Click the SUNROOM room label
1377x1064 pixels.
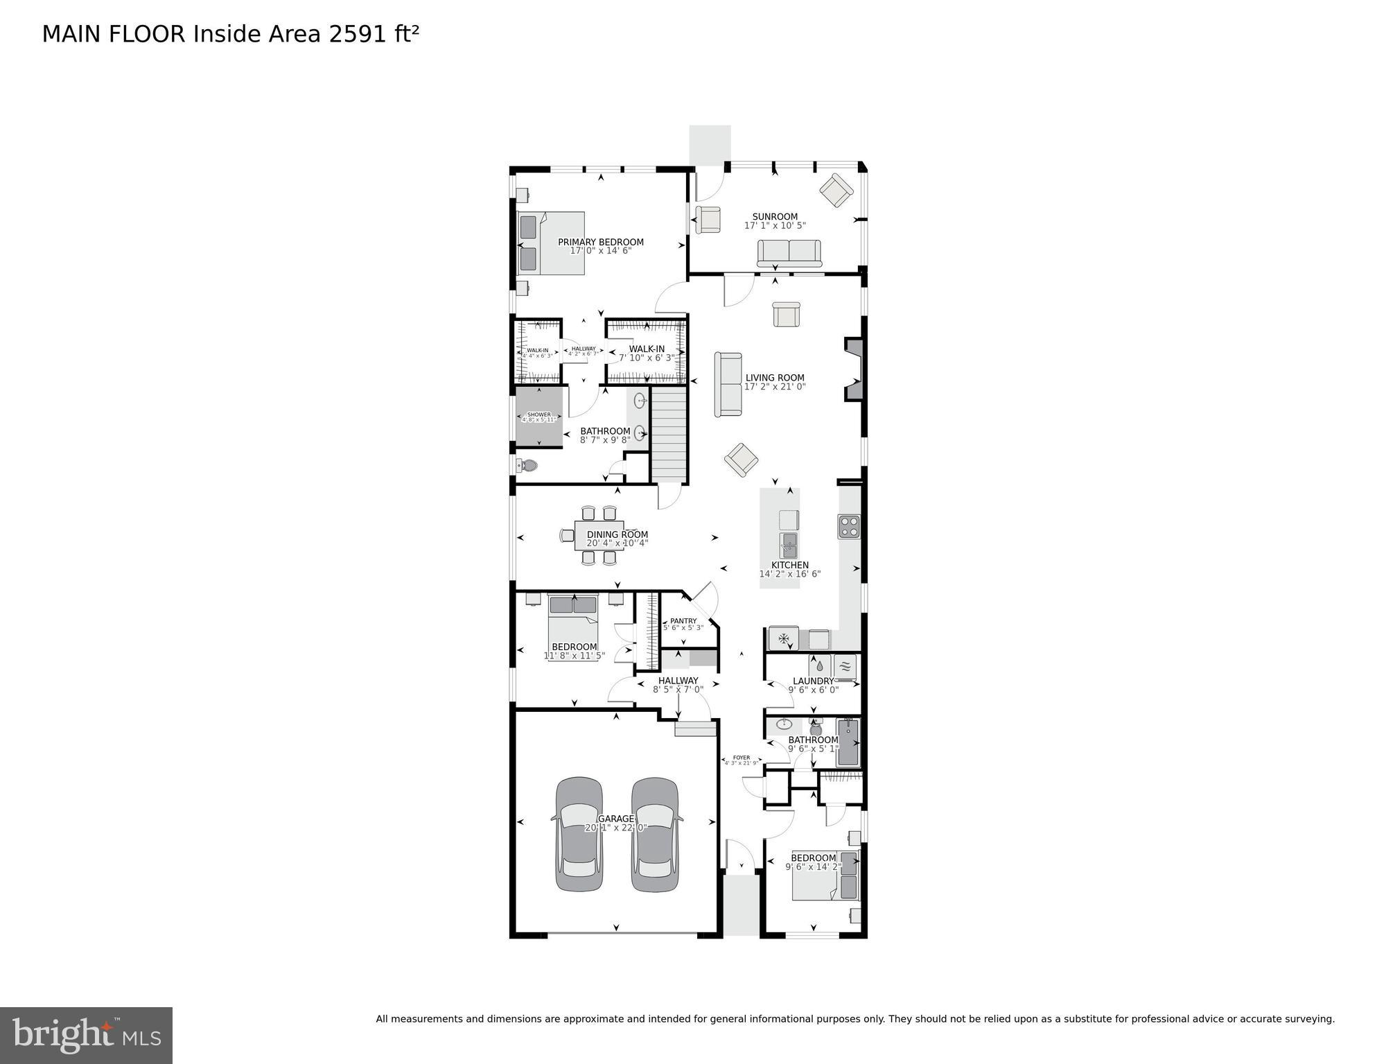pos(775,216)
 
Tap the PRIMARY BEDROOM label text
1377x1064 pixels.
pos(601,242)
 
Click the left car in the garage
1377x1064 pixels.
pos(579,834)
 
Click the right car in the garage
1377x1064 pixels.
pos(654,834)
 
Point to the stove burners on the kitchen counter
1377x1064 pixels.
pos(849,527)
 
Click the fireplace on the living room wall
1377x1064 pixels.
pos(853,369)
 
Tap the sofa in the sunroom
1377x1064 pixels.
pos(789,254)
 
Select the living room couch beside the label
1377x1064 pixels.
pos(728,384)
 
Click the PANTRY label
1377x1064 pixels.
pos(683,621)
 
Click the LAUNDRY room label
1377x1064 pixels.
pos(813,681)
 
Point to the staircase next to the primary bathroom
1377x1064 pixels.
pos(669,435)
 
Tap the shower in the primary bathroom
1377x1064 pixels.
pos(538,417)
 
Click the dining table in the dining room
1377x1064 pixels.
pos(599,535)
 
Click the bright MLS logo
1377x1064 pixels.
pos(86,1035)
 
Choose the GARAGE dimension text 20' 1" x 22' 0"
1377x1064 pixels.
pos(616,828)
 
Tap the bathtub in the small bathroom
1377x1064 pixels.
pos(848,742)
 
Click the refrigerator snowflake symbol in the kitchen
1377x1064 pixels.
pos(784,638)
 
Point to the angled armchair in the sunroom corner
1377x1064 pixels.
pos(836,189)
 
